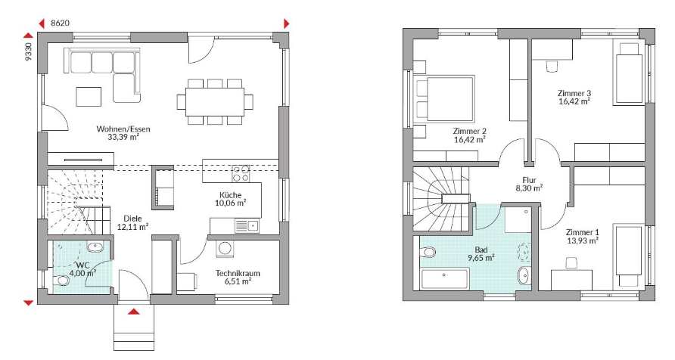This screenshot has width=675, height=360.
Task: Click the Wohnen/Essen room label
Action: click(x=123, y=129)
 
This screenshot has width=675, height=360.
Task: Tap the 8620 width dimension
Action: click(x=61, y=23)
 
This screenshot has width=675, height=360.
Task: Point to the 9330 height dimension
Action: click(x=29, y=51)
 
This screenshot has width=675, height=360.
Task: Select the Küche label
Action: click(x=230, y=195)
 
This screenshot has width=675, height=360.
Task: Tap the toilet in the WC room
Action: click(x=62, y=281)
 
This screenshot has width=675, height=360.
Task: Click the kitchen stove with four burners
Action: click(x=241, y=173)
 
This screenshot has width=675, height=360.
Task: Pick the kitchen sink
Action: click(x=247, y=226)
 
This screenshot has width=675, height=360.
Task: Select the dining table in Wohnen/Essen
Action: click(x=215, y=102)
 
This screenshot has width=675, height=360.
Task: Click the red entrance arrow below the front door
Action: click(x=134, y=312)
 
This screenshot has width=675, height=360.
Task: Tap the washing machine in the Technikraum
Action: click(x=224, y=249)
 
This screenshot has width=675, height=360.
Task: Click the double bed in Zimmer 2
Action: click(x=445, y=98)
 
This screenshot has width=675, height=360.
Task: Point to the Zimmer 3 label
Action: click(x=574, y=93)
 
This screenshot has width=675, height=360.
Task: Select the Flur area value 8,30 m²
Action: click(x=529, y=188)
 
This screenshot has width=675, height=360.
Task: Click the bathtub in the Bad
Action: click(x=445, y=278)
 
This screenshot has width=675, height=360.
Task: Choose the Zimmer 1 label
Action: click(x=583, y=232)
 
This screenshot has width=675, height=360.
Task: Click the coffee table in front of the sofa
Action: click(x=89, y=96)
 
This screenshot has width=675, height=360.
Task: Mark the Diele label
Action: click(x=132, y=219)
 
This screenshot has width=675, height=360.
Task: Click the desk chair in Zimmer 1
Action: click(x=571, y=262)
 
